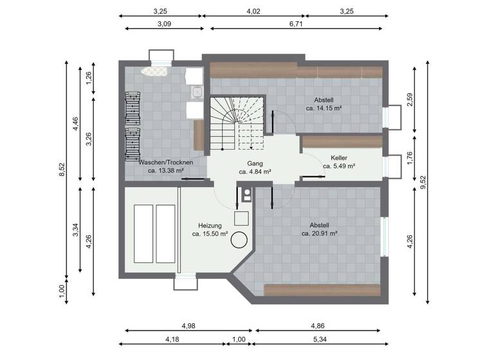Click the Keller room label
pos(339,157)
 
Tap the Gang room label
pos(255,163)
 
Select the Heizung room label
pos(210,226)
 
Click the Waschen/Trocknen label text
pos(165,163)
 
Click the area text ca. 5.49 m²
pos(339,166)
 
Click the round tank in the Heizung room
pos(240,240)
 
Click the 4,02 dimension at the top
pos(253,11)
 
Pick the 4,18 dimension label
pos(172,339)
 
